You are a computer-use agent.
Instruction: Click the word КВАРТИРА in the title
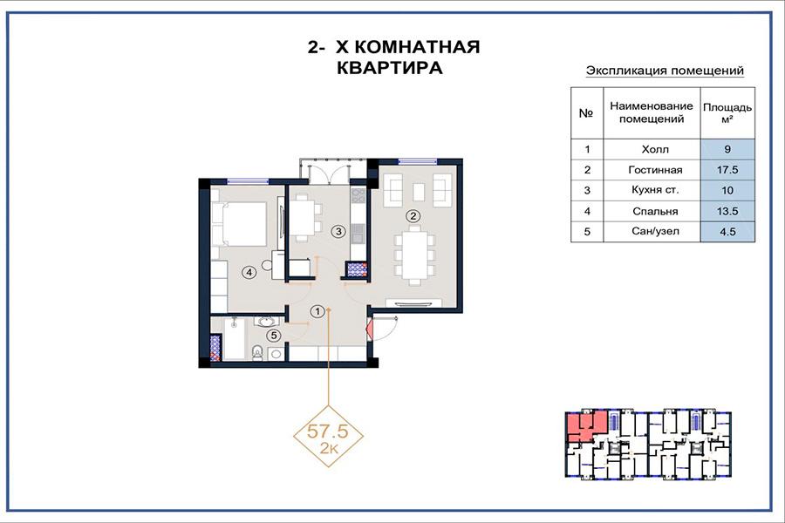pyautogui.click(x=390, y=68)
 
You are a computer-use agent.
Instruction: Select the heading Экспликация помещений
pyautogui.click(x=665, y=71)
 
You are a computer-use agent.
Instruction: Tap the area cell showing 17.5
pyautogui.click(x=727, y=170)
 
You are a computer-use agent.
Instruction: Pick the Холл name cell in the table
pyautogui.click(x=655, y=149)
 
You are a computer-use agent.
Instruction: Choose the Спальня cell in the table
pyautogui.click(x=655, y=211)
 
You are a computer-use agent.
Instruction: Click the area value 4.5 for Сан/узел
pyautogui.click(x=727, y=232)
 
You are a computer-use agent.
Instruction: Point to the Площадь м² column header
pyautogui.click(x=727, y=113)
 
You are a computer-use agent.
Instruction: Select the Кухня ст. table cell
pyautogui.click(x=655, y=190)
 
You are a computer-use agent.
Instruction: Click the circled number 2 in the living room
pyautogui.click(x=413, y=216)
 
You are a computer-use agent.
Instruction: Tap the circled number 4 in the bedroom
pyautogui.click(x=249, y=272)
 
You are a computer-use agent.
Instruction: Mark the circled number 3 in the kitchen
pyautogui.click(x=339, y=231)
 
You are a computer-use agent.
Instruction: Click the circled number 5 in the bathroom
pyautogui.click(x=273, y=336)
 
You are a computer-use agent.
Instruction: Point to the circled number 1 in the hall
pyautogui.click(x=317, y=311)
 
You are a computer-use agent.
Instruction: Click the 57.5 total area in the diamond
pyautogui.click(x=327, y=430)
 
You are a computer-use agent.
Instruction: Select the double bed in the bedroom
pyautogui.click(x=239, y=224)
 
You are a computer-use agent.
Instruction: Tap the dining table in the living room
pyautogui.click(x=414, y=255)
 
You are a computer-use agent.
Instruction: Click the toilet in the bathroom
pyautogui.click(x=256, y=352)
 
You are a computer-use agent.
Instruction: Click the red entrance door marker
pyautogui.click(x=371, y=330)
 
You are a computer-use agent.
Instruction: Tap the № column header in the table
pyautogui.click(x=587, y=113)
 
